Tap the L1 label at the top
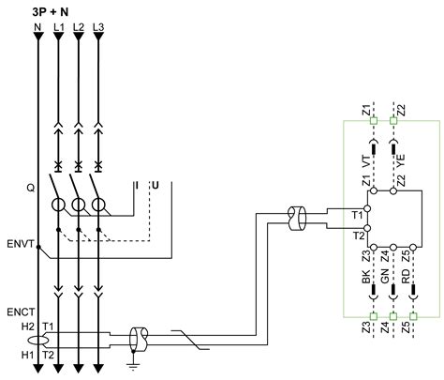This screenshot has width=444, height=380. (58, 28)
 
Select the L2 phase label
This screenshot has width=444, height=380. (78, 28)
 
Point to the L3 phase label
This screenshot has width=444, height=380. (97, 28)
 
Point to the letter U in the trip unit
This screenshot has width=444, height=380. (155, 186)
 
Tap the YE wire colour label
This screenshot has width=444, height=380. (400, 160)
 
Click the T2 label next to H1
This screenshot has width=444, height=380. (49, 357)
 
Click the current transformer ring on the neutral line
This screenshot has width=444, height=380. (37, 341)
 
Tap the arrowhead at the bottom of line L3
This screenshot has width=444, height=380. (97, 371)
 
